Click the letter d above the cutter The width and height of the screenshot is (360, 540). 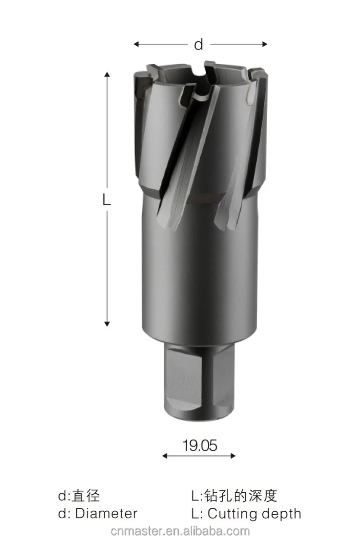(x=199, y=45)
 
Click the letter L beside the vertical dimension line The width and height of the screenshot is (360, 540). (x=106, y=200)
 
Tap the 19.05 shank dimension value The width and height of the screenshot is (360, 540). (x=200, y=445)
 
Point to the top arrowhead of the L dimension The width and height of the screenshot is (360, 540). (x=107, y=75)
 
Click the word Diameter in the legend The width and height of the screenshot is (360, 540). (x=106, y=513)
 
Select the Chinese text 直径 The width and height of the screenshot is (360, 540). (x=86, y=495)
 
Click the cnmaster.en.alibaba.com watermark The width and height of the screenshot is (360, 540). (x=180, y=531)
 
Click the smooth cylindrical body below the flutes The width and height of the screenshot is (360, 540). (x=199, y=278)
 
